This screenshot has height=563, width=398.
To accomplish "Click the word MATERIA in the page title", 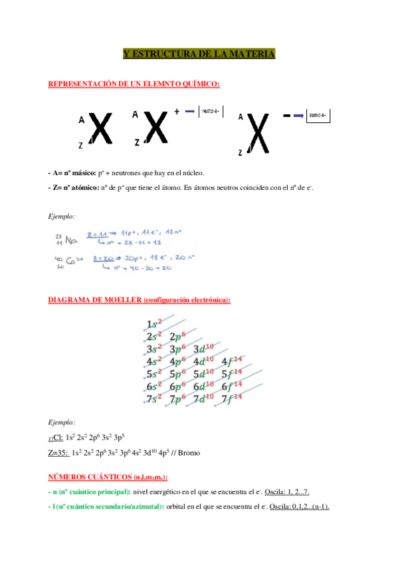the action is coord(251,54).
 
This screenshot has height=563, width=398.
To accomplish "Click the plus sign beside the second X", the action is coord(177,112).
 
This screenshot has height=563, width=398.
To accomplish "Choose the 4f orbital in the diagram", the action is coord(231,362).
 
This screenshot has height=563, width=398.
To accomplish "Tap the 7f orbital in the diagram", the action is coord(231,399).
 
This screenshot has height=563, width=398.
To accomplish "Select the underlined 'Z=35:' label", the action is coord(58,453).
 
